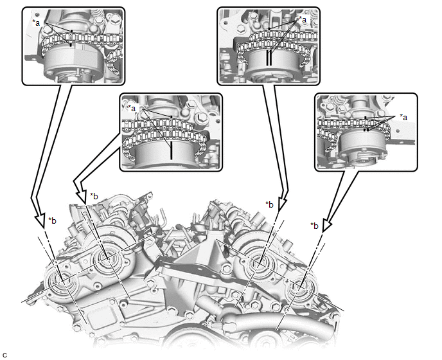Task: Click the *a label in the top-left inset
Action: click(x=37, y=23)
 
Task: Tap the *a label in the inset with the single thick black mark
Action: click(x=131, y=108)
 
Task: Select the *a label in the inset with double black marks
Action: click(x=302, y=19)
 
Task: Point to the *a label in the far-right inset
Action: click(x=403, y=117)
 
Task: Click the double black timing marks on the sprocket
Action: click(x=269, y=58)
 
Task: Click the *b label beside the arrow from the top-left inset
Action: click(x=52, y=221)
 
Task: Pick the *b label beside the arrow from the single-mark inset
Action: click(x=94, y=196)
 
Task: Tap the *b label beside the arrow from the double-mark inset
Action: click(x=269, y=204)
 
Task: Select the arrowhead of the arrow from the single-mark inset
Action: click(x=82, y=196)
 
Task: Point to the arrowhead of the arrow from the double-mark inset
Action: click(x=283, y=204)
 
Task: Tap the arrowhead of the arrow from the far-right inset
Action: click(x=326, y=223)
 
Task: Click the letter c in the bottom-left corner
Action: click(x=4, y=355)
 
